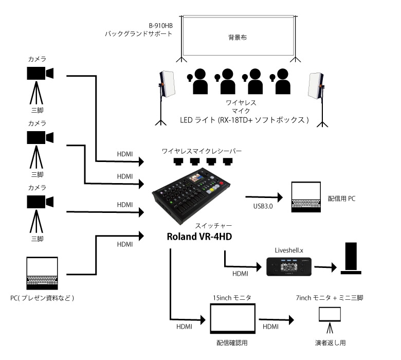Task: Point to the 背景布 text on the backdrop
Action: pos(238,38)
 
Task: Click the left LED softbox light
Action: pos(167,84)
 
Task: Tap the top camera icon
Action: pos(40,74)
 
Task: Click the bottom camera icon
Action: pos(40,202)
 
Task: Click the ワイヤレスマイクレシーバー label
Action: pos(201,151)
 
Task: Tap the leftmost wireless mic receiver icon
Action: pos(178,161)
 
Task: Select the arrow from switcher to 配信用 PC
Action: pos(264,197)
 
